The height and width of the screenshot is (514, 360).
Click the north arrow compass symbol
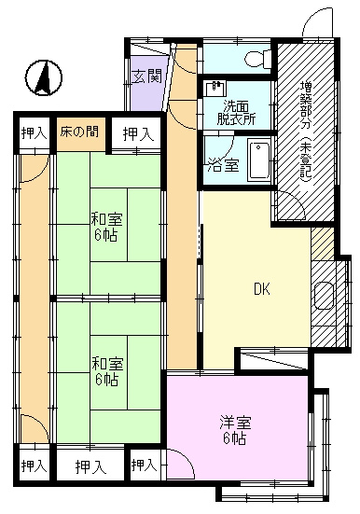click(x=44, y=78)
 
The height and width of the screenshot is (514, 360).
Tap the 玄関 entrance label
click(x=146, y=76)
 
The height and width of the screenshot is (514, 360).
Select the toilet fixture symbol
click(x=258, y=59)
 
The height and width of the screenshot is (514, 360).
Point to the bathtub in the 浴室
click(x=258, y=160)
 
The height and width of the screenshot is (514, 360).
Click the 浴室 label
click(x=223, y=166)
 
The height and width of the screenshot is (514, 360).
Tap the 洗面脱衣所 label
click(x=236, y=113)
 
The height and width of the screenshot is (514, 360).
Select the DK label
click(x=262, y=289)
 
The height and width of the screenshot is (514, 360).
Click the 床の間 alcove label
click(x=79, y=132)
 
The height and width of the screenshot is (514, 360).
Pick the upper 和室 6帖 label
click(x=106, y=227)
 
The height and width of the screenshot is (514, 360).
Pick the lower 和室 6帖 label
click(x=107, y=371)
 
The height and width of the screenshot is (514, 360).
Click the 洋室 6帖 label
click(x=235, y=430)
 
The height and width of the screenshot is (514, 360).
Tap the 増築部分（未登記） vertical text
click(x=306, y=132)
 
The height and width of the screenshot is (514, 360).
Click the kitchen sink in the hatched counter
click(x=325, y=296)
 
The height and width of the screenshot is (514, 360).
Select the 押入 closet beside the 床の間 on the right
click(x=138, y=134)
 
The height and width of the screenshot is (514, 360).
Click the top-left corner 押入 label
click(x=35, y=133)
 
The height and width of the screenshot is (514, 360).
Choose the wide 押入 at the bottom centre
click(x=90, y=466)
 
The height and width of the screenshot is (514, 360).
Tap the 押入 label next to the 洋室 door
click(x=145, y=465)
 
